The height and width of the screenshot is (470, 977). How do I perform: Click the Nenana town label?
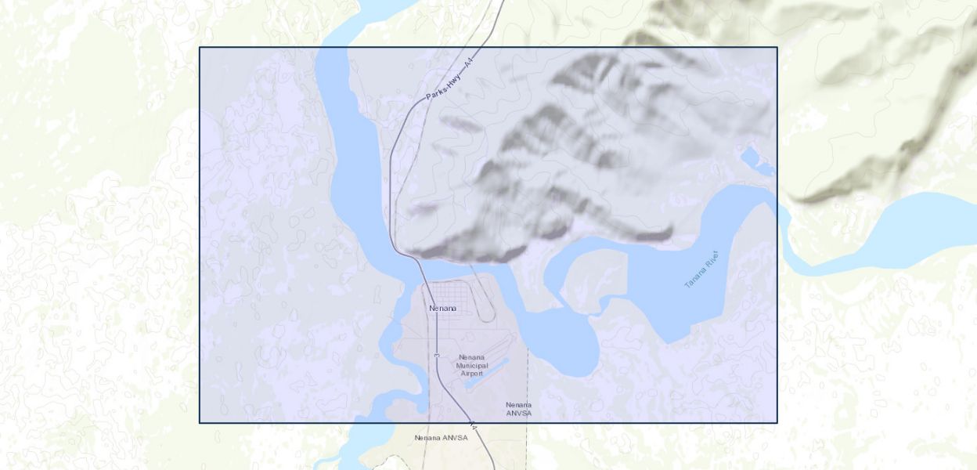[x=442, y=309]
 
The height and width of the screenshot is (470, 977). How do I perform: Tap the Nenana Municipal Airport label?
[x=471, y=365]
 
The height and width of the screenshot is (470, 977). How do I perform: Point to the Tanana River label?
[x=701, y=269]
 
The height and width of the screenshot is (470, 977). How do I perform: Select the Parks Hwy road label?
[x=444, y=86]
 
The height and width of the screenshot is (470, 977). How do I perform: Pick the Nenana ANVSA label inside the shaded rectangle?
[x=518, y=409]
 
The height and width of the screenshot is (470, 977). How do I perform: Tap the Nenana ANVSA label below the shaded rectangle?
[x=441, y=438]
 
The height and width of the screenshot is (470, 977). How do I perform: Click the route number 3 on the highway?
[x=436, y=356]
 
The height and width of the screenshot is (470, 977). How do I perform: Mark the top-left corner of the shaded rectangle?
[x=200, y=48]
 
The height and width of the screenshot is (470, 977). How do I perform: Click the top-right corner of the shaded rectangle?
[x=777, y=48]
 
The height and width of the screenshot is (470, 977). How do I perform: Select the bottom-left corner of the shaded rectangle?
[x=200, y=423]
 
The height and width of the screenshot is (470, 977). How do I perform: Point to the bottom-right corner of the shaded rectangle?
[x=777, y=423]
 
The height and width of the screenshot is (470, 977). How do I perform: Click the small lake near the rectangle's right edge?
[x=753, y=159]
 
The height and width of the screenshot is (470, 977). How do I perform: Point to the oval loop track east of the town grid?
[x=485, y=302]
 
